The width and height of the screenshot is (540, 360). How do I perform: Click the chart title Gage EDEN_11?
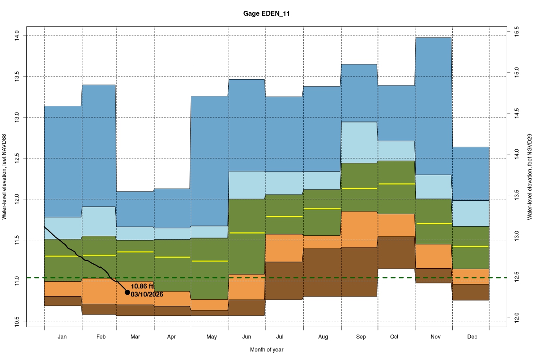coord(270,14)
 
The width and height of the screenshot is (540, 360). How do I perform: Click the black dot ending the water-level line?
coord(127,292)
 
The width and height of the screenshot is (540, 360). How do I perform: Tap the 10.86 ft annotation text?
coord(143,286)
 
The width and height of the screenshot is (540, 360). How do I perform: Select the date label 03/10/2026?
coord(147,294)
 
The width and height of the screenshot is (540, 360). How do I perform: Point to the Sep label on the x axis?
coord(360,337)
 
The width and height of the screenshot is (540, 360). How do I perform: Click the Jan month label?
coord(63,337)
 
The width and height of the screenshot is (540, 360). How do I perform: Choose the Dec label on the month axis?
coord(472,337)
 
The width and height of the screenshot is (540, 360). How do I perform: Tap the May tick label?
coord(211,337)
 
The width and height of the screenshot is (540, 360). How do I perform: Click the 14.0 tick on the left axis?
coord(17,36)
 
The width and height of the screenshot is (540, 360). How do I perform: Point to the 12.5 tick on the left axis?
coord(17,158)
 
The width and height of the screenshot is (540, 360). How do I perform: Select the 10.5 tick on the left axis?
coord(17,322)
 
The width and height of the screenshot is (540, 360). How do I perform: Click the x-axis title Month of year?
coord(267,349)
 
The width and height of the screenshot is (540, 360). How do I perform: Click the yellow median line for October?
coord(396,184)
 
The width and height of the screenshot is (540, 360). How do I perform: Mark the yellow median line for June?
coord(247,233)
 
